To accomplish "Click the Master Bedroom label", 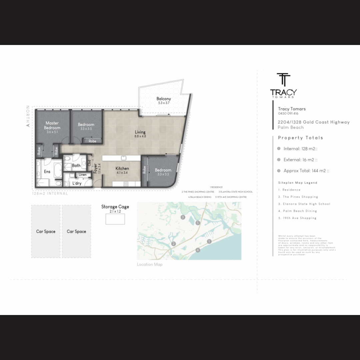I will [x=52, y=125].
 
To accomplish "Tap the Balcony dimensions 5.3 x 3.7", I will [x=164, y=103].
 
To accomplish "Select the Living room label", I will [x=140, y=132].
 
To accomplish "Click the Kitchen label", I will [x=122, y=169].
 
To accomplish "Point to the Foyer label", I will [x=95, y=168].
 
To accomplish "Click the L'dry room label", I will [x=77, y=183].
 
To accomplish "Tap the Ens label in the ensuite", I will [x=47, y=172].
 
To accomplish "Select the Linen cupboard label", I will [x=82, y=175].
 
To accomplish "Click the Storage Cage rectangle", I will [x=115, y=219].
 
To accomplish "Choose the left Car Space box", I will [x=46, y=231].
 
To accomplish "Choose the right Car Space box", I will [x=76, y=231].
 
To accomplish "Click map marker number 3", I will [x=183, y=217].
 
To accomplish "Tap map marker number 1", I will [x=209, y=241].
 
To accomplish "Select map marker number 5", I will [x=198, y=223].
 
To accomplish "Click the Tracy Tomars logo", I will [x=283, y=86].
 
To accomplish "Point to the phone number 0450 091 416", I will [x=288, y=114].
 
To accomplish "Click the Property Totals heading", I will [x=300, y=138].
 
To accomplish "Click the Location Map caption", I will [x=150, y=265].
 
